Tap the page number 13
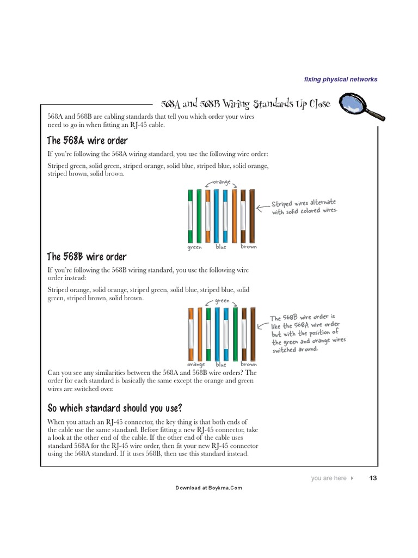373,478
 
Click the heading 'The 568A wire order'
88,141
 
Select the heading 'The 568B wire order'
87,257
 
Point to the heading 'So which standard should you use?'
114,408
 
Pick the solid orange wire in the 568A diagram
235,216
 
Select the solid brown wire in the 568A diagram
252,216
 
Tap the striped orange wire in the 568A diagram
208,216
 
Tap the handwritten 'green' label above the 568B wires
222,300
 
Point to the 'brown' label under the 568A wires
248,247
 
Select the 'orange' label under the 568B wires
195,365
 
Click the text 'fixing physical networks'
341,80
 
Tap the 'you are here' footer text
329,478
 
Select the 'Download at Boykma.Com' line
208,488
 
